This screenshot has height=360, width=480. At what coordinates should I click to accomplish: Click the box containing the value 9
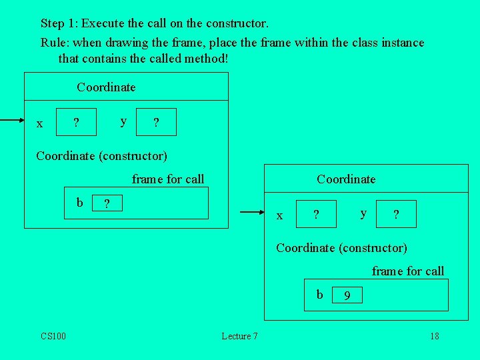347,295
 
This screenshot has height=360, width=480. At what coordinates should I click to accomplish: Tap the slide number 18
434,336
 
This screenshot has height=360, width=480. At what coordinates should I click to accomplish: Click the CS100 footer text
53,336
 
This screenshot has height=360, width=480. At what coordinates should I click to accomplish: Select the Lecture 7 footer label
239,336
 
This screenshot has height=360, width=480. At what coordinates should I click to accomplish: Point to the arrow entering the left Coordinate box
12,121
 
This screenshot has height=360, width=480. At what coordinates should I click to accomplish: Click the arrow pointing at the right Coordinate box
252,213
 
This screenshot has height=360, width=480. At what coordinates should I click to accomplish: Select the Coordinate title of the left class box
106,87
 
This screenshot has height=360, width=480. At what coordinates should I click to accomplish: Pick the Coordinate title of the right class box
346,179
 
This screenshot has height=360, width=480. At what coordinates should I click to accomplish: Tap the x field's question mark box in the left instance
76,122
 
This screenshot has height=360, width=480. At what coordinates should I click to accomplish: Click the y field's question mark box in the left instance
156,122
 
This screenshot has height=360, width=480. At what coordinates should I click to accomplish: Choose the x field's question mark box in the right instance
316,214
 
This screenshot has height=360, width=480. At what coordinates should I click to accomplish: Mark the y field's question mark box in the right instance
396,214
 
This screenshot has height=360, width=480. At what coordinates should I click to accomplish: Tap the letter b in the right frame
320,295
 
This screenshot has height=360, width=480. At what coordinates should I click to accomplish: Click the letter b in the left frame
80,202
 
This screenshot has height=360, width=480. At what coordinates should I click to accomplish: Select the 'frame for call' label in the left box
168,179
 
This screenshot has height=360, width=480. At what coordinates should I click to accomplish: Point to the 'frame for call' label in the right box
408,271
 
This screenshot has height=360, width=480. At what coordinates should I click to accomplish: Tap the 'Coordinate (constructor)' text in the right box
341,248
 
